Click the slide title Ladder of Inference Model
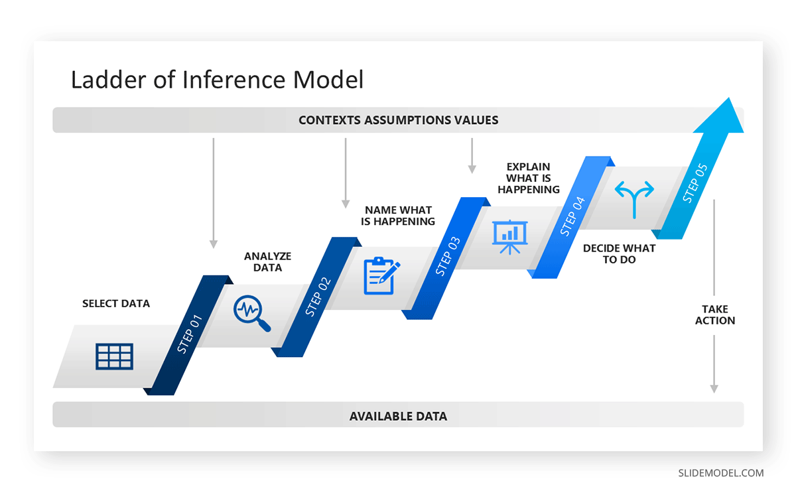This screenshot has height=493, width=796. (x=217, y=80)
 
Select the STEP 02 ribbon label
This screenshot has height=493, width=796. (x=318, y=297)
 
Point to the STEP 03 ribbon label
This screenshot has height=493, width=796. (x=448, y=256)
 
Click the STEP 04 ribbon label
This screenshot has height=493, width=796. (x=572, y=216)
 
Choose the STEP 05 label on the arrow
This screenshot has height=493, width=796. (x=695, y=183)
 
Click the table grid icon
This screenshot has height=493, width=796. (x=114, y=356)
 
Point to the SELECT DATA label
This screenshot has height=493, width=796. (x=116, y=303)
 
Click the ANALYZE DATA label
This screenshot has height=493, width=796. (x=267, y=261)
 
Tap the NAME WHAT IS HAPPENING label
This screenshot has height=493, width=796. (x=398, y=216)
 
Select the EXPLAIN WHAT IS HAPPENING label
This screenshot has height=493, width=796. (x=529, y=178)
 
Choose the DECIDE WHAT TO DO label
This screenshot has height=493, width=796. (x=619, y=253)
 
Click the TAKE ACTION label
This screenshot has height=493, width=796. (x=714, y=315)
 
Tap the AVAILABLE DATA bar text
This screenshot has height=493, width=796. (x=398, y=416)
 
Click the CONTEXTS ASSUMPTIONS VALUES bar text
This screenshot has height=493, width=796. (x=398, y=120)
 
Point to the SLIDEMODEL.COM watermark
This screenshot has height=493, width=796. (x=720, y=473)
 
